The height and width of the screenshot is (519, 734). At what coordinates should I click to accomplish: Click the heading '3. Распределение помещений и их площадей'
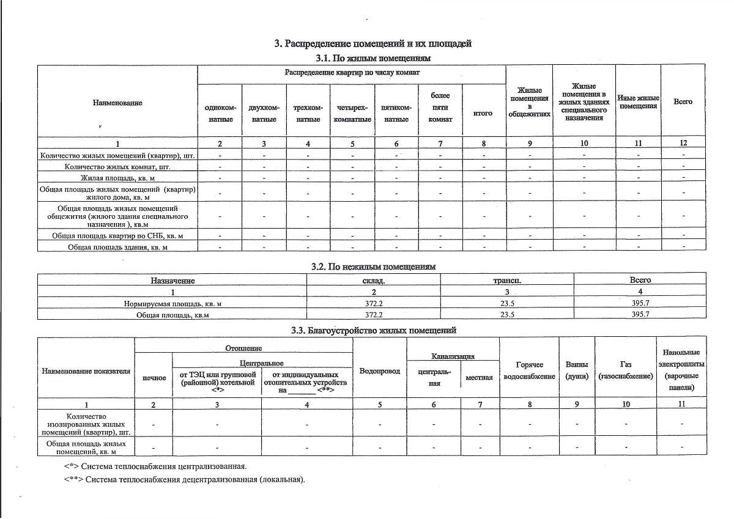pos(373,44)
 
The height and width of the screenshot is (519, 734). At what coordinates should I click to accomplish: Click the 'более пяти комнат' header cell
pos(440,108)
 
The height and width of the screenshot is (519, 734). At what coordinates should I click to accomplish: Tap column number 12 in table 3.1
pos(683,143)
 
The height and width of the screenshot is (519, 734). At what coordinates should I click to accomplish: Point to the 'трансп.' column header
pos(506,281)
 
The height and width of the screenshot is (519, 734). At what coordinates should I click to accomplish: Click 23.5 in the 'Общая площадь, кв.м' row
pos(506,315)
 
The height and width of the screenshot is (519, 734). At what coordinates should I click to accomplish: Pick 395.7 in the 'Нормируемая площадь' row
pos(640,303)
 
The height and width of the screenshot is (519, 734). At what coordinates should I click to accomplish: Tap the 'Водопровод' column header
pos(380,371)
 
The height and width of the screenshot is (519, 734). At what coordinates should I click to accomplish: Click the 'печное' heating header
pos(154,378)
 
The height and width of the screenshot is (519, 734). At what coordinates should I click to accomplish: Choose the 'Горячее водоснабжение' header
pos(530,370)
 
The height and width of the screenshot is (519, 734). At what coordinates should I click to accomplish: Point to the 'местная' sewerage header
pos(479,378)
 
